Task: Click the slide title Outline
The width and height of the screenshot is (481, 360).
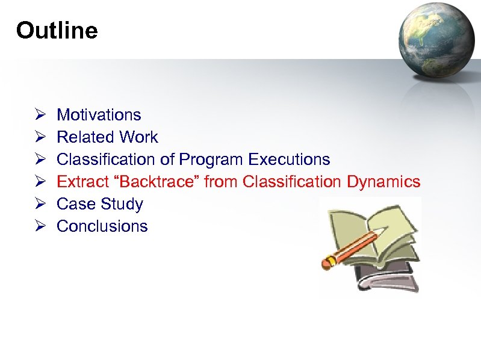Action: (57, 30)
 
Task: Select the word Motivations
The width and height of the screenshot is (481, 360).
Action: (99, 115)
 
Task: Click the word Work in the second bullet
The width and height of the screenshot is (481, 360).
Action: (138, 137)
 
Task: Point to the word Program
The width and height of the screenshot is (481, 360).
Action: (211, 160)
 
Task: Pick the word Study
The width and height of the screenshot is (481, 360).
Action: (122, 204)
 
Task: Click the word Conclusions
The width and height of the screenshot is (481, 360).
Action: (102, 226)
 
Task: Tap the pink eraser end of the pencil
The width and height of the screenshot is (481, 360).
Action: (329, 262)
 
